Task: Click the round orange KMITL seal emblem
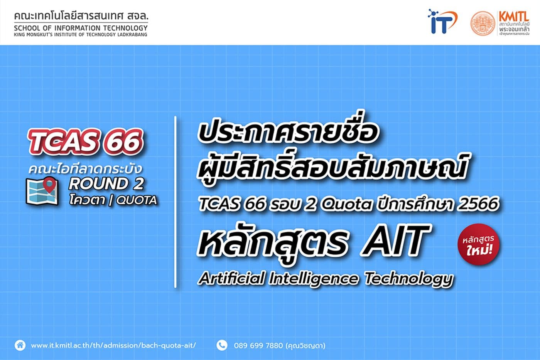pyautogui.click(x=482, y=23)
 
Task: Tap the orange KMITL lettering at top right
pyautogui.click(x=513, y=17)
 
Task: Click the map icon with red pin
pyautogui.click(x=42, y=190)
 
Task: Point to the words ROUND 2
pyautogui.click(x=106, y=184)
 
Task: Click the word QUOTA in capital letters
pyautogui.click(x=137, y=200)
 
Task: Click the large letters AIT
pyautogui.click(x=395, y=242)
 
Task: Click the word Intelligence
pyautogui.click(x=313, y=278)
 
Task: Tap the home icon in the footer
pyautogui.click(x=20, y=345)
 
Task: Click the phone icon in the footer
pyautogui.click(x=222, y=345)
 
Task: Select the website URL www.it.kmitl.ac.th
pyautogui.click(x=113, y=345)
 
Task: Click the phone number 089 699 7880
pyautogui.click(x=258, y=345)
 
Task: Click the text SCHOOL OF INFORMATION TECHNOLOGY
pyautogui.click(x=81, y=28)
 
